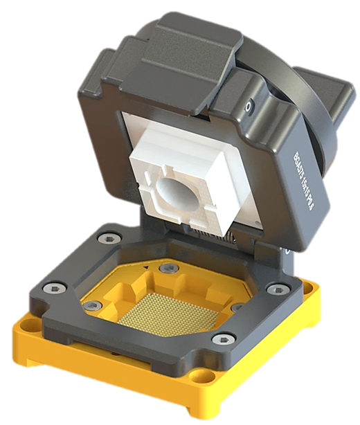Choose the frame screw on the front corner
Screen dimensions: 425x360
222,339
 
